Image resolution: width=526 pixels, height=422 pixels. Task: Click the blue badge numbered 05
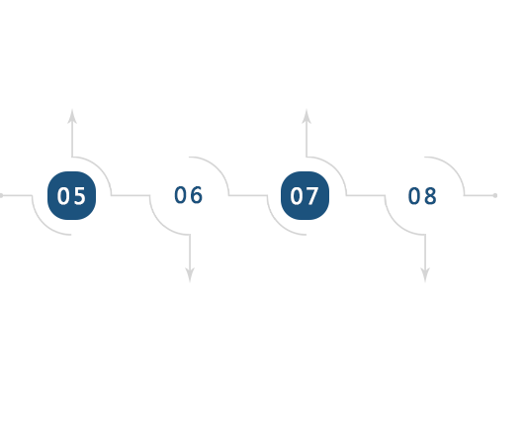[72, 195]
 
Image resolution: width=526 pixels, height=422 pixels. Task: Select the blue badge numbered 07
[305, 195]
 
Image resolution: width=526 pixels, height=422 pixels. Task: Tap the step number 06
[189, 195]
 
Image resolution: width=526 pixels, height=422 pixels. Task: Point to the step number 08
[422, 195]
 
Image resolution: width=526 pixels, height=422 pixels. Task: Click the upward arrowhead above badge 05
[72, 117]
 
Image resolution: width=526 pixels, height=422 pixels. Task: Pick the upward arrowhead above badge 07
[307, 117]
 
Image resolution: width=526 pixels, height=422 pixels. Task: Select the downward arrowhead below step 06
[190, 274]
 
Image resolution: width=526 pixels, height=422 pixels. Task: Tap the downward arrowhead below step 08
[425, 274]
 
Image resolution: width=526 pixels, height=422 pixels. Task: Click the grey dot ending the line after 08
[495, 195]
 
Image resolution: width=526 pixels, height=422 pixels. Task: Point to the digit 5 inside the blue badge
[80, 196]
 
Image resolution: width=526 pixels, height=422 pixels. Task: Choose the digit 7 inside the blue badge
[312, 196]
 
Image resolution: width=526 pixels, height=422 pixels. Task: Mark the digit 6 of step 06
[197, 195]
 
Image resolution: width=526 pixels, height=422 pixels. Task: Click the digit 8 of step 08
[430, 196]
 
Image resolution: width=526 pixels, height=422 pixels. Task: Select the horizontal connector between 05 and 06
[131, 195]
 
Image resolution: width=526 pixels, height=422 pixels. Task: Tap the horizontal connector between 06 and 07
[248, 195]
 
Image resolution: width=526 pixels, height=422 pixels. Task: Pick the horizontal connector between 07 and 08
[366, 195]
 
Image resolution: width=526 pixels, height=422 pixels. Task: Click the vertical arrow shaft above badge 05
[72, 140]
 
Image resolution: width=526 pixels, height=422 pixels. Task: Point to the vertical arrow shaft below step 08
[425, 252]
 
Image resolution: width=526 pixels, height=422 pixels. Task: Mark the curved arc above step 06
[218, 168]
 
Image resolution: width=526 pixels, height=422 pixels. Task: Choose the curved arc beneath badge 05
[44, 223]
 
